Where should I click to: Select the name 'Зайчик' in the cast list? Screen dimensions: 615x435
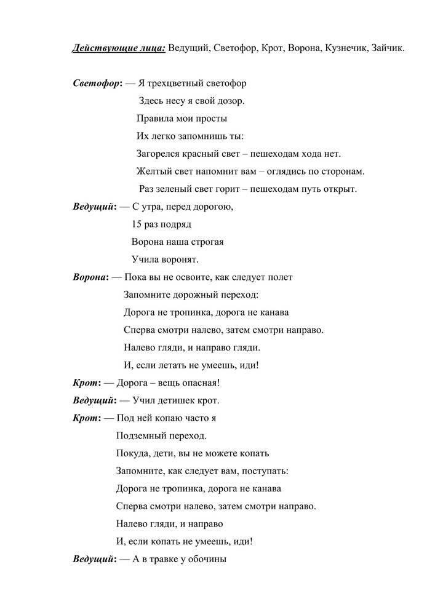387,48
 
